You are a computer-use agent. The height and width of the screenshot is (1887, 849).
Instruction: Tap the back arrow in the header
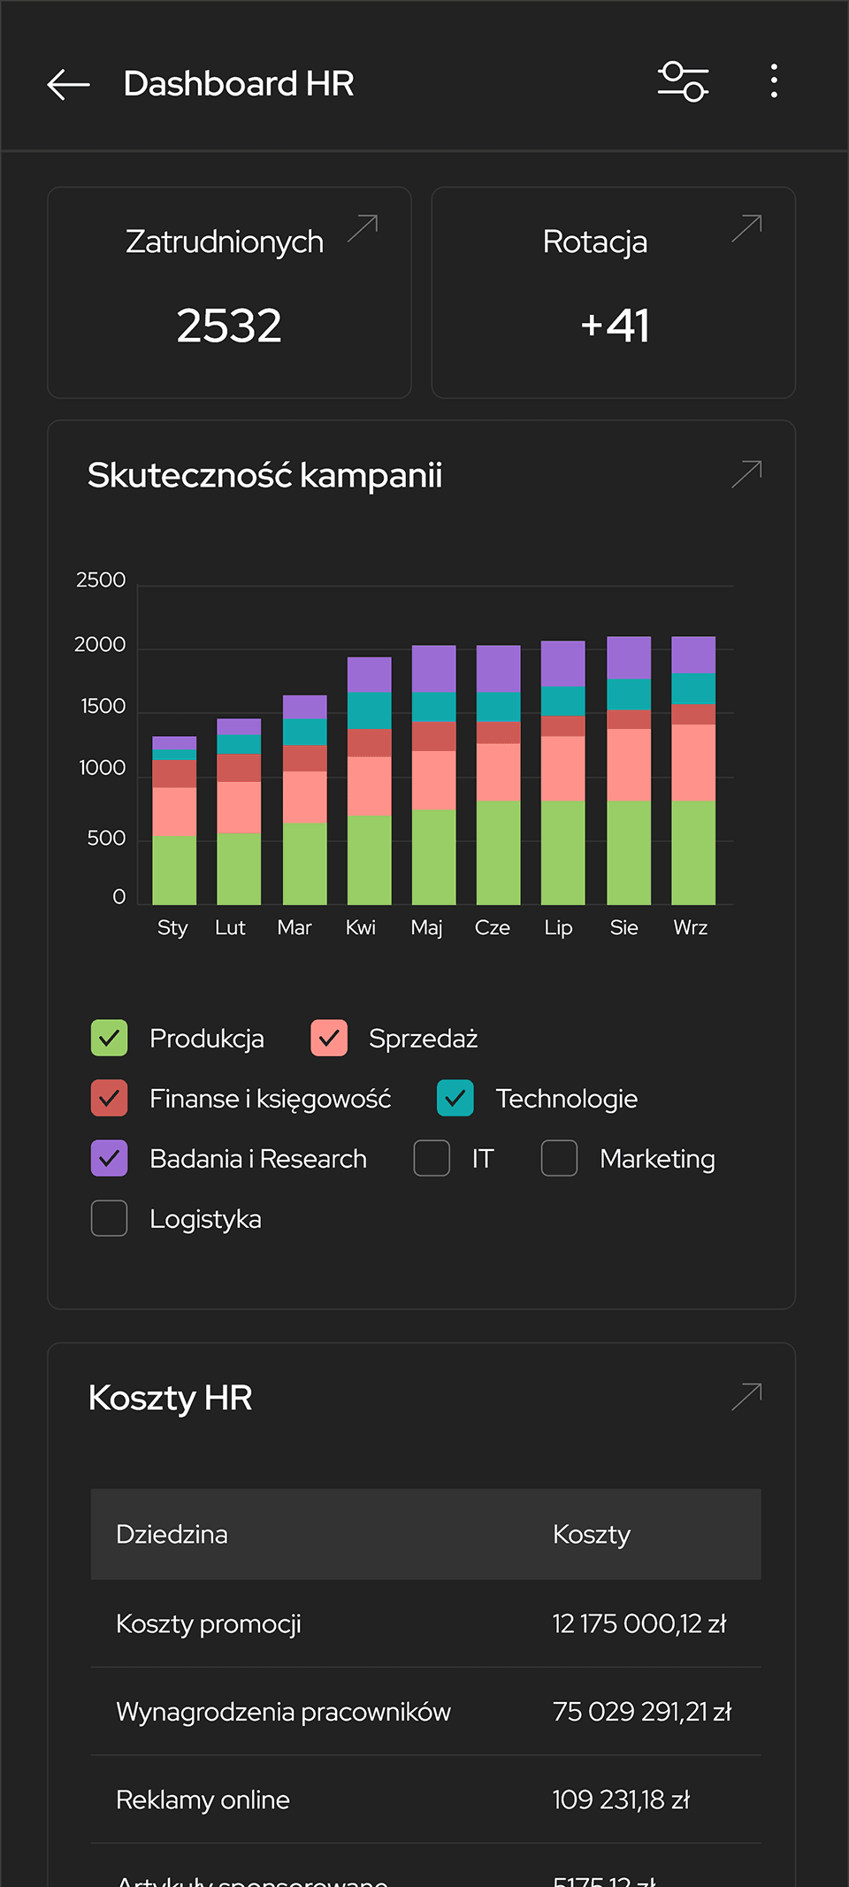(68, 84)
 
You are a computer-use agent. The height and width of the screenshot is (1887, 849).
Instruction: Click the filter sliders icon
(683, 82)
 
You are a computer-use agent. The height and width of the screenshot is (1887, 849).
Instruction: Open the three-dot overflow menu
(774, 81)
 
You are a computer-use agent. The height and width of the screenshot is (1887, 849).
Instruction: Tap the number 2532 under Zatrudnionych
(229, 326)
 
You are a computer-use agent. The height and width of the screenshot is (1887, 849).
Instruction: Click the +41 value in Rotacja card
(615, 326)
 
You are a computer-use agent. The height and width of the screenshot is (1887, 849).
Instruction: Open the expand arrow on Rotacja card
(746, 228)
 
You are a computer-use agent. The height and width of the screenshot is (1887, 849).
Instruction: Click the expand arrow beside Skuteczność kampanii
(746, 474)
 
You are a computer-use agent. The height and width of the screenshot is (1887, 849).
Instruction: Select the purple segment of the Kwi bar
(369, 674)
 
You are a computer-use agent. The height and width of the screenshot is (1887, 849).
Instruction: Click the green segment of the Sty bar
(174, 870)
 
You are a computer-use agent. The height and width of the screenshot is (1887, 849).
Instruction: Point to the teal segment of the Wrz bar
(693, 688)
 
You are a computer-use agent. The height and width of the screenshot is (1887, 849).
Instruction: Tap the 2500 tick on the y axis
(101, 580)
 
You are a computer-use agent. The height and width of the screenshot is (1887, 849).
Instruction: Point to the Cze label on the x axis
(492, 927)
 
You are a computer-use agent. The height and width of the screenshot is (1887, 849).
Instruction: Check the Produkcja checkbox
(110, 1039)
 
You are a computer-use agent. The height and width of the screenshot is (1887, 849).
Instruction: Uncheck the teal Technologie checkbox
(455, 1099)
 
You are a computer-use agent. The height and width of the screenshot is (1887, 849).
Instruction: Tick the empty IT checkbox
(432, 1158)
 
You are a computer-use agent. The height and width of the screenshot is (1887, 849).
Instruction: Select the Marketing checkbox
(559, 1158)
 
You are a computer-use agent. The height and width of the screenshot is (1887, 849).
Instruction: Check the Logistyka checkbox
(110, 1218)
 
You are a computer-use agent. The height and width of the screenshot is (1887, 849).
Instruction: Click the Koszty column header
(592, 1534)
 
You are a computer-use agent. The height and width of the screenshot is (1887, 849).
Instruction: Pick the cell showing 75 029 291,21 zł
(641, 1712)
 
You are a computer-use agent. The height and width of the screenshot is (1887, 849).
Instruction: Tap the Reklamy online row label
(203, 1799)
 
